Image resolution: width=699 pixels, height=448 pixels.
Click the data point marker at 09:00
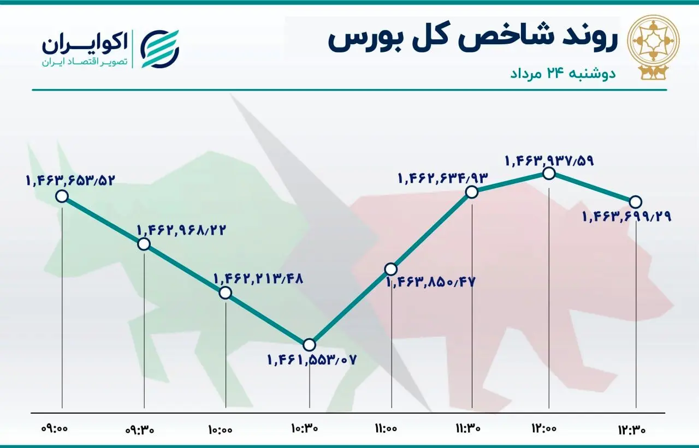coord(62,196)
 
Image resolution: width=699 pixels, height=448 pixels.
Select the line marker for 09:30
coord(144,244)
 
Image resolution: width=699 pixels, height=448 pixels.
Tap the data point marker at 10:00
coord(225,292)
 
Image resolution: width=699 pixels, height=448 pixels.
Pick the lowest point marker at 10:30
coord(309,344)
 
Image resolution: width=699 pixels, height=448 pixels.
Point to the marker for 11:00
coord(390,268)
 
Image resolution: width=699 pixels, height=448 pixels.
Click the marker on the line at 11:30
coord(472,192)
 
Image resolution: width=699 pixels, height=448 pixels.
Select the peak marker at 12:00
coord(549,174)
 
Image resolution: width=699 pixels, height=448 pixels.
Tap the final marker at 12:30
coord(636,201)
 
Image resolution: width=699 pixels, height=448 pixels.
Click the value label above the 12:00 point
coord(549,160)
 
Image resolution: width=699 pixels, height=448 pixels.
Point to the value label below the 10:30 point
coord(311,360)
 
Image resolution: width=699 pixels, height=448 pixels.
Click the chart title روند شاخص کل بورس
coord(472,41)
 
